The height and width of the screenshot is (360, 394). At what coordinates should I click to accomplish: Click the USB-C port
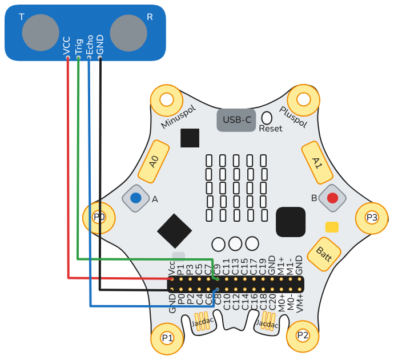[x=236, y=120]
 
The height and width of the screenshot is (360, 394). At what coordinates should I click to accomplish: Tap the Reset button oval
[x=267, y=118]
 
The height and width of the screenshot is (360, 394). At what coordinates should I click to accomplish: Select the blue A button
[x=136, y=198]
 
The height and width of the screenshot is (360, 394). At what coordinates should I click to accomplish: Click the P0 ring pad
[x=99, y=217]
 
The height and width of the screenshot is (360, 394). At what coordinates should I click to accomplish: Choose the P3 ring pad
[x=372, y=217]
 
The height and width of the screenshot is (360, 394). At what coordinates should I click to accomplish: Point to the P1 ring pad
[x=167, y=337]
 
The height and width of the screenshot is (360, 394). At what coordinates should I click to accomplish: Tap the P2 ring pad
[x=303, y=335]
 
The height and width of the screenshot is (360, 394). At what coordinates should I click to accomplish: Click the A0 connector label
[x=154, y=162]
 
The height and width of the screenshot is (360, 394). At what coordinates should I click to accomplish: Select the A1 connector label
[x=317, y=162]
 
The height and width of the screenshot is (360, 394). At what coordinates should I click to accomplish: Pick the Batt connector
[x=324, y=251]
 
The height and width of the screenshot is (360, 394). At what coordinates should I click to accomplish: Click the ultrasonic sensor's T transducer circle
[x=40, y=31]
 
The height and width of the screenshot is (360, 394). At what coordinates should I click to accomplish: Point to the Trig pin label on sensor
[x=79, y=46]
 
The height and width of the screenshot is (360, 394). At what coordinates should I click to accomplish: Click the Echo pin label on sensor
[x=90, y=46]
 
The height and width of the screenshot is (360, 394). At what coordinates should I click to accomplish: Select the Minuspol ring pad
[x=166, y=100]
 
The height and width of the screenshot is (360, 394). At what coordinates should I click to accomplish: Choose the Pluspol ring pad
[x=303, y=100]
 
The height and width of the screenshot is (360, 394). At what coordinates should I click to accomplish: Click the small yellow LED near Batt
[x=332, y=227]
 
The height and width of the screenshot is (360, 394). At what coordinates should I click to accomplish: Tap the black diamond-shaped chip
[x=174, y=231]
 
